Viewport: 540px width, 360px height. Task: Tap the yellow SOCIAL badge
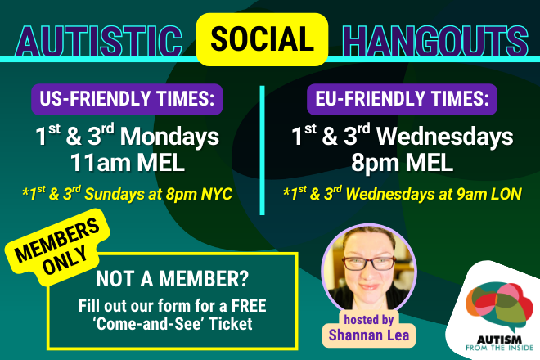coord(263,38)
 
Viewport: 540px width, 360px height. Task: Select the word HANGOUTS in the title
coord(434,38)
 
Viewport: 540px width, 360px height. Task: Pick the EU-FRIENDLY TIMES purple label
coord(402,99)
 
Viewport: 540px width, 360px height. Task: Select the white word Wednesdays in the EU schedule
coord(448,136)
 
